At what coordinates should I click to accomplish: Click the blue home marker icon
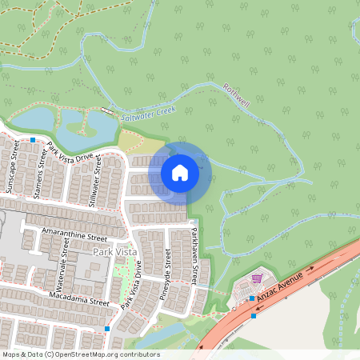click(180, 172)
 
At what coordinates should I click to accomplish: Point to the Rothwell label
click(238, 99)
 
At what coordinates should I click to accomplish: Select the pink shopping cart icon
click(257, 278)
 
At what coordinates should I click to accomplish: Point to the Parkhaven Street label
click(194, 257)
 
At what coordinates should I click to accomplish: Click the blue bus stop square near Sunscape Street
click(33, 140)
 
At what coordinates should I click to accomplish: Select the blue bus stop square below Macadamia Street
click(107, 328)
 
